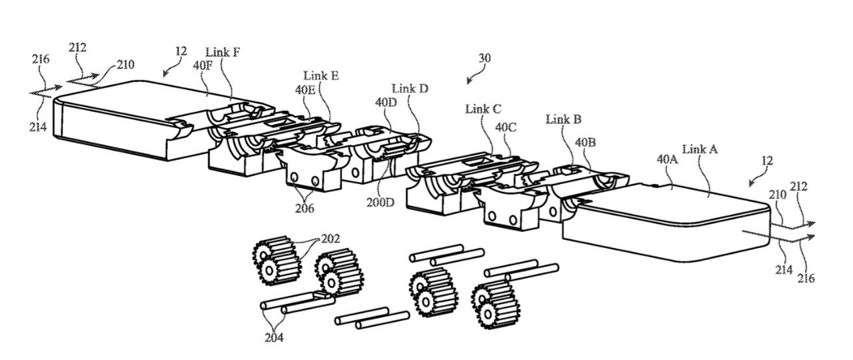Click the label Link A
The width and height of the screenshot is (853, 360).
click(x=700, y=150)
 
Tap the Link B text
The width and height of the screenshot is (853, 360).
click(x=564, y=119)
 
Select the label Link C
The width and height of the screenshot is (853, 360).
click(x=484, y=109)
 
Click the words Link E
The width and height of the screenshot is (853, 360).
click(x=321, y=76)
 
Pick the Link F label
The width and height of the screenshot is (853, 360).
click(x=223, y=53)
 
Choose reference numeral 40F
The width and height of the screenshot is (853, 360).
click(x=203, y=65)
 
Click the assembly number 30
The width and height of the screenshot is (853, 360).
click(x=484, y=58)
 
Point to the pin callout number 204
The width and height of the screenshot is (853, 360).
click(x=273, y=337)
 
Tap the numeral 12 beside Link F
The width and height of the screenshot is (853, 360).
click(x=181, y=51)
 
